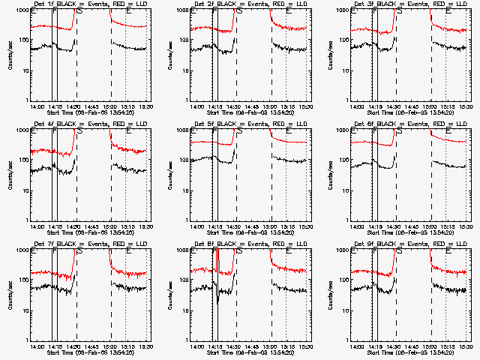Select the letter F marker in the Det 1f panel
(55, 10)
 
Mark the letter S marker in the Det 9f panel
(400, 250)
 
